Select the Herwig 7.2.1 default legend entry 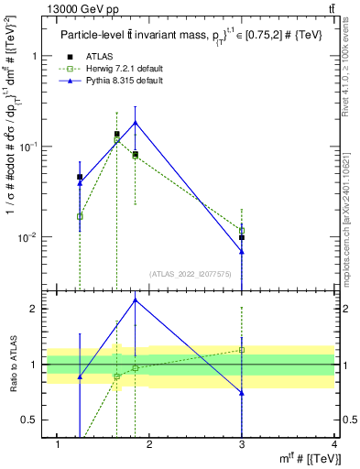(x=115, y=69)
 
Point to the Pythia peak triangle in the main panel (x=136, y=122)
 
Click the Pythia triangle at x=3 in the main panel (x=242, y=251)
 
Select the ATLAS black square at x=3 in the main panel (x=242, y=237)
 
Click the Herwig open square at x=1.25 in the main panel (x=80, y=216)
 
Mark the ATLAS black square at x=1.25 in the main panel (x=80, y=177)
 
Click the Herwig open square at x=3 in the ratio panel (x=242, y=350)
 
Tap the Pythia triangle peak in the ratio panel (x=136, y=300)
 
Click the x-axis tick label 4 (x=334, y=444)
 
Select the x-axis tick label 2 (x=149, y=444)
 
